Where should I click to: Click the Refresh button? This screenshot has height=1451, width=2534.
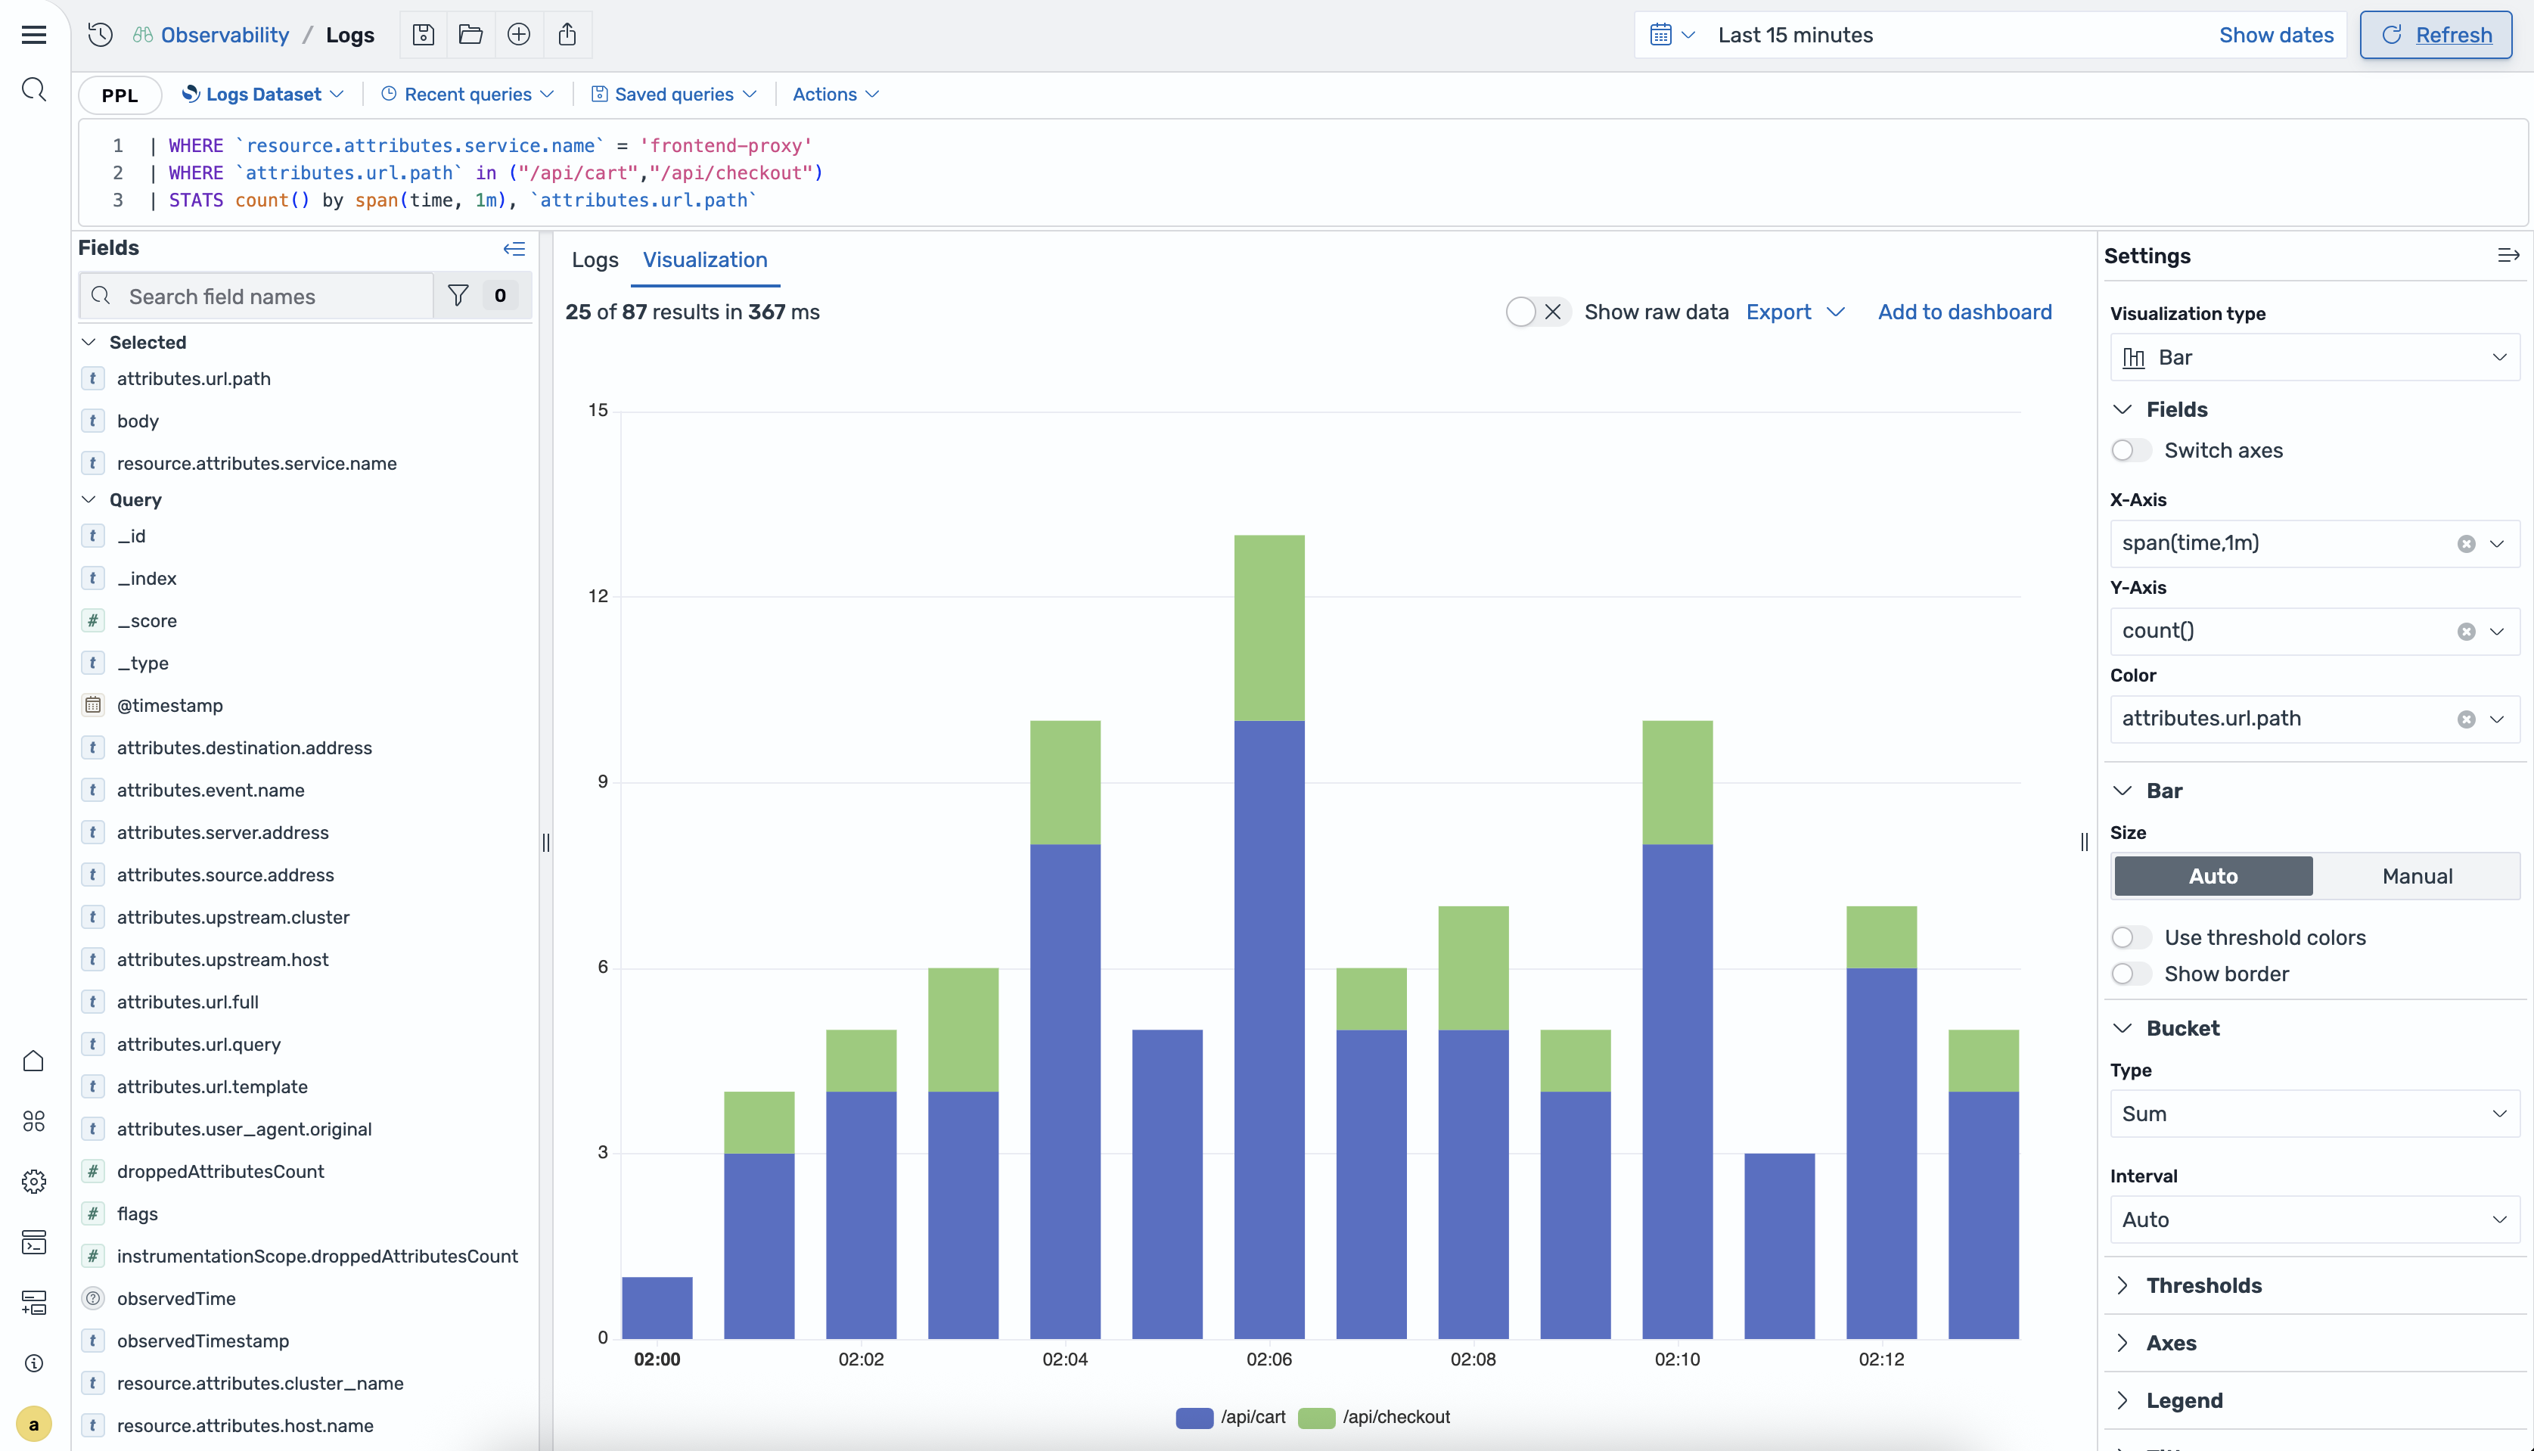pyautogui.click(x=2436, y=35)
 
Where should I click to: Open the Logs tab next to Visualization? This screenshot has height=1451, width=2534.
pyautogui.click(x=595, y=260)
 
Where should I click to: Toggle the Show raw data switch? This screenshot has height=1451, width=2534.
pyautogui.click(x=1536, y=312)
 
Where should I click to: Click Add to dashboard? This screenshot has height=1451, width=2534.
pyautogui.click(x=1964, y=312)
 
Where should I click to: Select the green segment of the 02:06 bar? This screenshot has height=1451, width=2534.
pyautogui.click(x=1269, y=628)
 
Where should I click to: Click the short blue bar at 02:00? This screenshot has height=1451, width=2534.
pyautogui.click(x=657, y=1307)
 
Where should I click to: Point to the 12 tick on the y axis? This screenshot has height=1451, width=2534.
pyautogui.click(x=598, y=596)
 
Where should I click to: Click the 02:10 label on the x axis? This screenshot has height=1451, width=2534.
pyautogui.click(x=1677, y=1359)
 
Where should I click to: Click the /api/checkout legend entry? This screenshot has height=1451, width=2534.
pyautogui.click(x=1376, y=1417)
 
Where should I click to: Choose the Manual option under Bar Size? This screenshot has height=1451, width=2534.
pyautogui.click(x=2417, y=876)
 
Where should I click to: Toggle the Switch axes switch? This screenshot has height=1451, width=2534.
pyautogui.click(x=2130, y=450)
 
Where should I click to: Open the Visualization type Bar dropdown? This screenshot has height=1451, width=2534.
pyautogui.click(x=2314, y=358)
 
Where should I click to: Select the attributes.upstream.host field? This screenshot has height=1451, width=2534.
pyautogui.click(x=222, y=960)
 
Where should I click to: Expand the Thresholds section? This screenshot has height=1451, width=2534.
pyautogui.click(x=2203, y=1285)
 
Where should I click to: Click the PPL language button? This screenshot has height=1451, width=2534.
pyautogui.click(x=120, y=95)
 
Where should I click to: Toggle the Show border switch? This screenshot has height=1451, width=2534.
pyautogui.click(x=2130, y=974)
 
